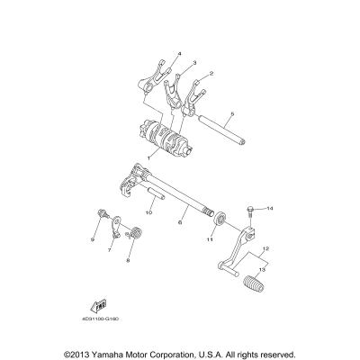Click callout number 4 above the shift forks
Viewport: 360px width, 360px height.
(x=179, y=54)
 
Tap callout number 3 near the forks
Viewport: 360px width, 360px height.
(x=194, y=63)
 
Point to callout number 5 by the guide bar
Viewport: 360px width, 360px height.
(x=231, y=114)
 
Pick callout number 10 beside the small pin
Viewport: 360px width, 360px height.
(x=150, y=213)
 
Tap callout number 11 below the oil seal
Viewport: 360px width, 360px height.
(x=209, y=240)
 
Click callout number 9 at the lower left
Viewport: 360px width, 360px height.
(x=92, y=240)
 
